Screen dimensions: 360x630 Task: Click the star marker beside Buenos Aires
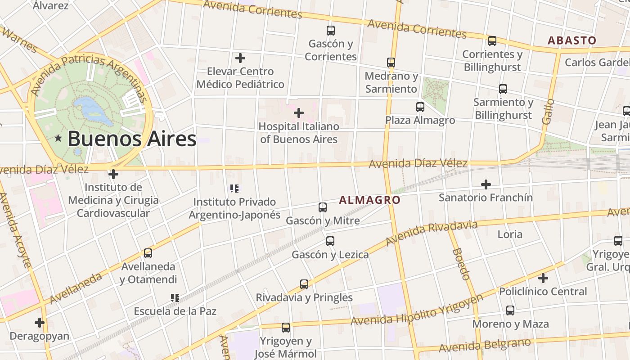coord(58,139)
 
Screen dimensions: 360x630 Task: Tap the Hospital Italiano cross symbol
coord(299,113)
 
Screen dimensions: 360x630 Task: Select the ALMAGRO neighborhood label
coord(369,200)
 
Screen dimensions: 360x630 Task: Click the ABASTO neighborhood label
coord(571,40)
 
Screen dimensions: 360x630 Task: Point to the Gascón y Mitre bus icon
coord(323,207)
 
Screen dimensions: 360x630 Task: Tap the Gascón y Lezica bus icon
coord(330,241)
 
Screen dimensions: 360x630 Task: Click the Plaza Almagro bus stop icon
coord(420,107)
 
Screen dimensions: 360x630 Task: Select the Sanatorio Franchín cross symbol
coord(486,184)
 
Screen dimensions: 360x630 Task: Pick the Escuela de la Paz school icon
coord(175,297)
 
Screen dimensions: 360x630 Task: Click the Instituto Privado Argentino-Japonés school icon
coord(234,188)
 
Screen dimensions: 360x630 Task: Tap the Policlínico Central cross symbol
coord(543,278)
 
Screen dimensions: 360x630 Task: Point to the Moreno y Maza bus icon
coord(510,310)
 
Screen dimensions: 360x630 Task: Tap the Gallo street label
coord(548,112)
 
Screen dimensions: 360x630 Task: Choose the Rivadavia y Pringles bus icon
coord(304,284)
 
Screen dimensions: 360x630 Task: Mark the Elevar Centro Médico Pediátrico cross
coord(240,58)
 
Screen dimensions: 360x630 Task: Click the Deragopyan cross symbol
coord(40,323)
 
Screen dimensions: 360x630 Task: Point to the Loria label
coord(510,234)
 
